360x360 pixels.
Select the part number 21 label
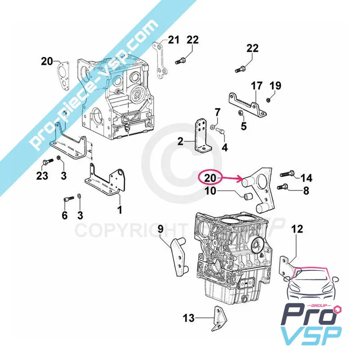174,40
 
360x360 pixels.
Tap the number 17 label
256,85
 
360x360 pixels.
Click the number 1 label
120,209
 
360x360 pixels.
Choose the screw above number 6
67,198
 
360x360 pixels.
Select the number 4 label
224,147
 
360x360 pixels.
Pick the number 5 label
243,126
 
